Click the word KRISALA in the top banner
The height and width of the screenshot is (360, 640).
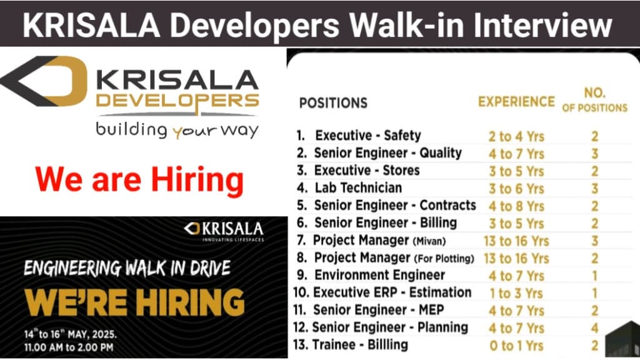click(91, 25)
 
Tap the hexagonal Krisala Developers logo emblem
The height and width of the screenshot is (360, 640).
click(44, 81)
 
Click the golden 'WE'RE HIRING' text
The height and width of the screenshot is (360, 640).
click(134, 302)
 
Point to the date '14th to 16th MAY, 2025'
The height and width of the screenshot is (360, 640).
click(70, 334)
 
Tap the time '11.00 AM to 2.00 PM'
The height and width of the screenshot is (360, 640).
click(69, 347)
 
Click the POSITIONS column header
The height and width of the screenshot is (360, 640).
click(333, 103)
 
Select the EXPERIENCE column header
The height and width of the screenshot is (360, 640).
click(516, 102)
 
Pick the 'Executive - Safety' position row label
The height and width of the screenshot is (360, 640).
click(367, 136)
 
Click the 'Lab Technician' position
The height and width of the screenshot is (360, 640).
click(358, 187)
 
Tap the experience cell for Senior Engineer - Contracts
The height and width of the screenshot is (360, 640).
click(516, 206)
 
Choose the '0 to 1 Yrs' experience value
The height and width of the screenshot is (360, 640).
click(516, 346)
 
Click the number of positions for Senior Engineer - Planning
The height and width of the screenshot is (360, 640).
click(595, 327)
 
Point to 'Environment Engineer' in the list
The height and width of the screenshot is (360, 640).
click(379, 275)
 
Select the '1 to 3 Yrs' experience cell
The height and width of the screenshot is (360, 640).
click(516, 293)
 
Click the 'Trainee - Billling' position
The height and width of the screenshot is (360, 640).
click(360, 345)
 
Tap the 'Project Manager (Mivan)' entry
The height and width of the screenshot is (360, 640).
click(379, 241)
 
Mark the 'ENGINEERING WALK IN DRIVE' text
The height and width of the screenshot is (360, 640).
click(127, 268)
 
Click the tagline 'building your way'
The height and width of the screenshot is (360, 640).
click(177, 130)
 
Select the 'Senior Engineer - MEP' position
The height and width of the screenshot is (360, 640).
click(378, 310)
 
